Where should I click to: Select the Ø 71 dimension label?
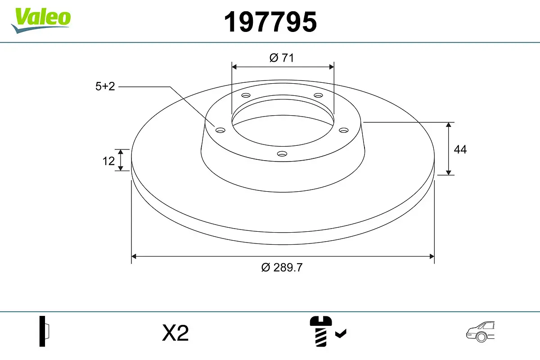click(x=282, y=58)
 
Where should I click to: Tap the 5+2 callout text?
click(x=105, y=86)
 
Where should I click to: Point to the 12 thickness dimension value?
click(x=108, y=161)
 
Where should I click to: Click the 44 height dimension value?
click(x=460, y=149)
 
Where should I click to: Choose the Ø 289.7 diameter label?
click(x=282, y=267)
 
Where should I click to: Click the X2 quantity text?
click(x=175, y=333)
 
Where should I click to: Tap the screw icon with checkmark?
click(x=327, y=331)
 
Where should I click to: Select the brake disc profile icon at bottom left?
click(x=44, y=331)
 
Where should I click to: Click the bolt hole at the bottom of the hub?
click(x=282, y=154)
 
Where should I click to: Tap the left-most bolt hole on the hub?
click(x=220, y=130)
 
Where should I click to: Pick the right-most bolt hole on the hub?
click(x=344, y=130)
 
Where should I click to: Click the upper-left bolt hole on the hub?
click(x=246, y=95)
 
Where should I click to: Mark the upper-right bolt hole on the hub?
click(x=319, y=95)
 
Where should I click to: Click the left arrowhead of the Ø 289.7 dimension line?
click(x=134, y=256)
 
